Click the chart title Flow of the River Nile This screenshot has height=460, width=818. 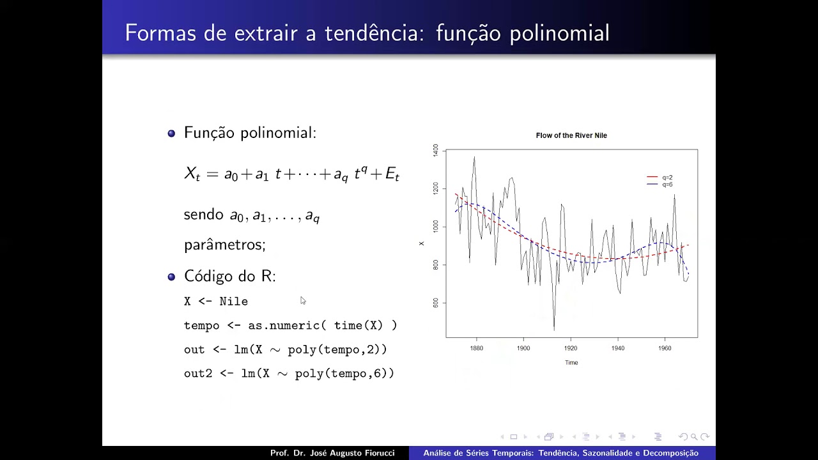571,135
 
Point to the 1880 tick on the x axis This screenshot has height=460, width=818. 476,348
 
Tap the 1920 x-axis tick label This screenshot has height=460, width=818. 571,348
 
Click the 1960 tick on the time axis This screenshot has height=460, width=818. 665,348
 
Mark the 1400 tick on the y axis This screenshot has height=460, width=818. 436,150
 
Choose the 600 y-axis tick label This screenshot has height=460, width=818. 436,302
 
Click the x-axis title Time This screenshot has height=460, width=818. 571,362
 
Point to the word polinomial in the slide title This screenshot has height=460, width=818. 559,33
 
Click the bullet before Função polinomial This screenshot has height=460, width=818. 171,134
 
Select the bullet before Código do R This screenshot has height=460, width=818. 171,277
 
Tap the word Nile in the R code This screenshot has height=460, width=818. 234,302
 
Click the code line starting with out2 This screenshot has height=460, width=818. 289,373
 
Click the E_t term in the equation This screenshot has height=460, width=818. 392,174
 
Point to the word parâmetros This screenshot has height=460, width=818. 224,245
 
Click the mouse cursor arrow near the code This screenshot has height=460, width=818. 302,300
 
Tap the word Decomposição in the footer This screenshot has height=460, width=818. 668,453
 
